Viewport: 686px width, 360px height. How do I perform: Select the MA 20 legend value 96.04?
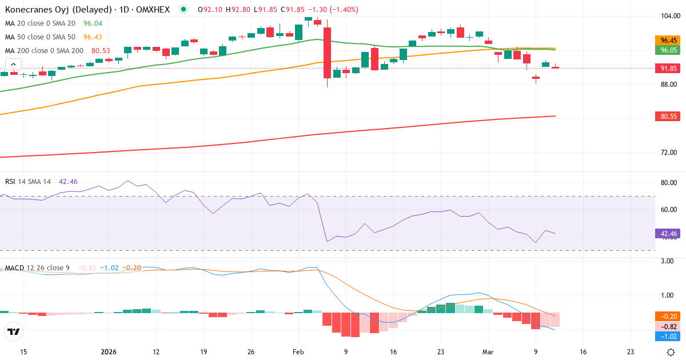tap(93, 23)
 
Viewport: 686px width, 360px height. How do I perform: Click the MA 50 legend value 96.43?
tap(93, 37)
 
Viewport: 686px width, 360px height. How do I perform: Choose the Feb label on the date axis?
tap(298, 352)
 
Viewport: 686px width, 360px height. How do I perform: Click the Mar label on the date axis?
tap(488, 352)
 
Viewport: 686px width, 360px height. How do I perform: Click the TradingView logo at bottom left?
tap(13, 331)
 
